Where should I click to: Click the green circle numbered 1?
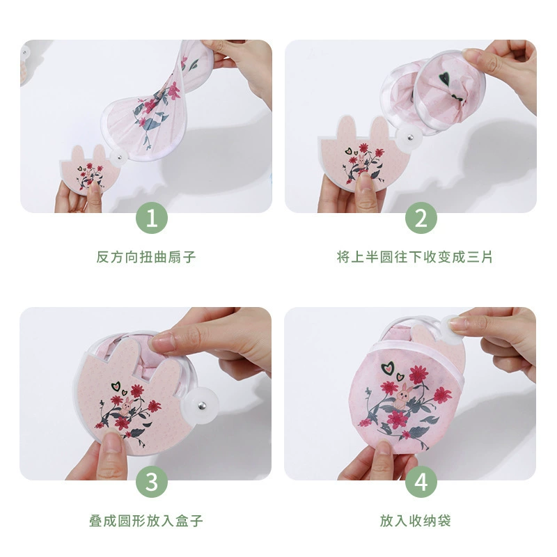pyautogui.click(x=152, y=218)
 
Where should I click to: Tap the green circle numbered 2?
pyautogui.click(x=421, y=218)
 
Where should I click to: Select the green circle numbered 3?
pyautogui.click(x=152, y=482)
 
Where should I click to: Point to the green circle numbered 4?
pyautogui.click(x=421, y=482)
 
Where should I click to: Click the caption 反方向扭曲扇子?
pyautogui.click(x=146, y=257)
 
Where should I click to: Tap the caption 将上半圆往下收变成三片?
pyautogui.click(x=414, y=257)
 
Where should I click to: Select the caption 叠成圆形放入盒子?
pyautogui.click(x=146, y=521)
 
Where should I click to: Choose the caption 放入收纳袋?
pyautogui.click(x=415, y=521)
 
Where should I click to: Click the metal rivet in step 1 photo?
pyautogui.click(x=119, y=157)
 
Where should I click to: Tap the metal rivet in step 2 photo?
pyautogui.click(x=410, y=136)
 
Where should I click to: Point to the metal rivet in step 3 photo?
pyautogui.click(x=202, y=405)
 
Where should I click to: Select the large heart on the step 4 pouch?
pyautogui.click(x=388, y=368)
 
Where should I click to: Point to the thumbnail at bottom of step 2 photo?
pyautogui.click(x=365, y=182)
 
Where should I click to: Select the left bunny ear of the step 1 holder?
pyautogui.click(x=78, y=153)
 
